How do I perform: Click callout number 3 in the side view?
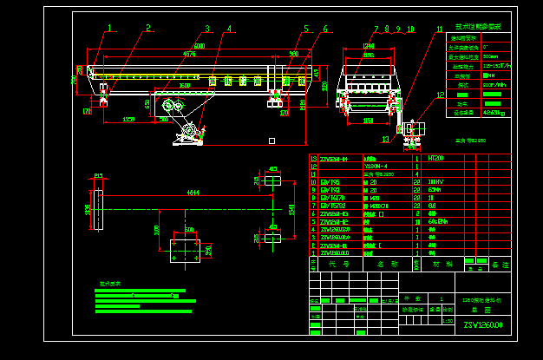click(207, 29)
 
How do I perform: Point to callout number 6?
click(325, 29)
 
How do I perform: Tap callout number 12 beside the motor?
click(441, 95)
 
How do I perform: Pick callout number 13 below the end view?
click(385, 139)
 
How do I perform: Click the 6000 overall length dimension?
click(200, 45)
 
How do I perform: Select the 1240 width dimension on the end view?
click(369, 46)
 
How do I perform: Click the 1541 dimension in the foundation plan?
click(292, 210)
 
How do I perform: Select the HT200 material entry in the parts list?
click(436, 159)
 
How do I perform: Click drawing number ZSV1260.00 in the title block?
click(483, 325)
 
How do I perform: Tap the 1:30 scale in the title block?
click(448, 320)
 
